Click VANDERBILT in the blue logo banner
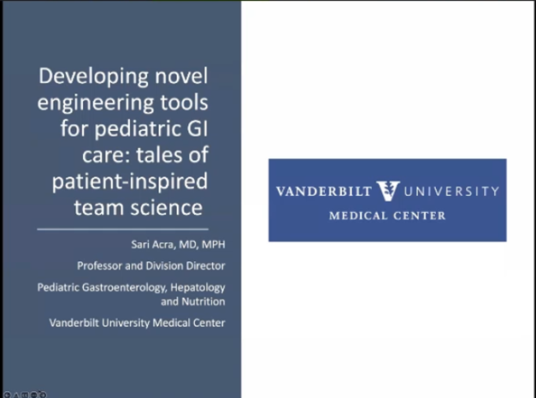(325, 192)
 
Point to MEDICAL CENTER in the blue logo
(387, 216)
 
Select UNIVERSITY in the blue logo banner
(451, 192)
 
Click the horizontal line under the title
(122, 229)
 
